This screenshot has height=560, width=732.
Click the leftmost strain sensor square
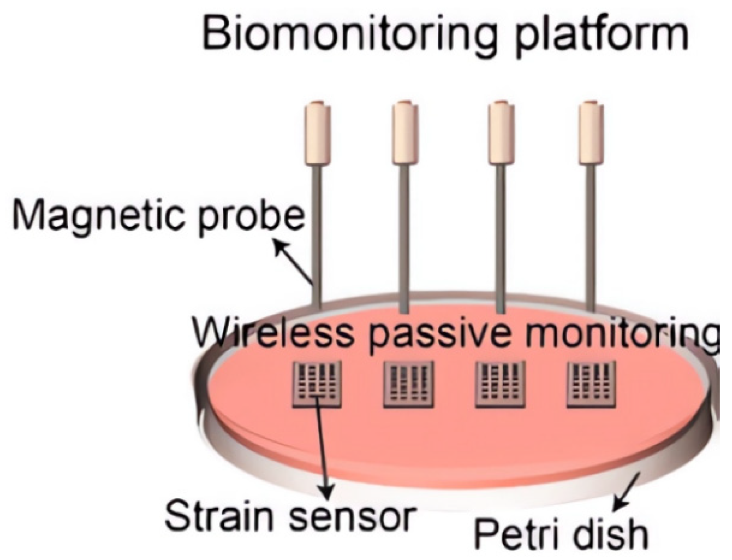point(317,383)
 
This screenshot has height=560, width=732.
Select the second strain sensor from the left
point(408,383)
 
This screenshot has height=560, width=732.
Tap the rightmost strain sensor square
point(590,383)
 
